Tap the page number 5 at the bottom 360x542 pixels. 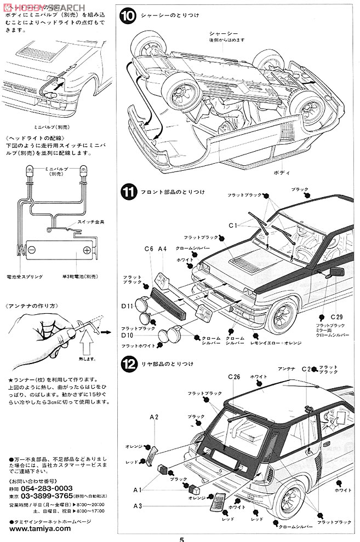[x=181, y=538]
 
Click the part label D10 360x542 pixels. [x=128, y=335]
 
